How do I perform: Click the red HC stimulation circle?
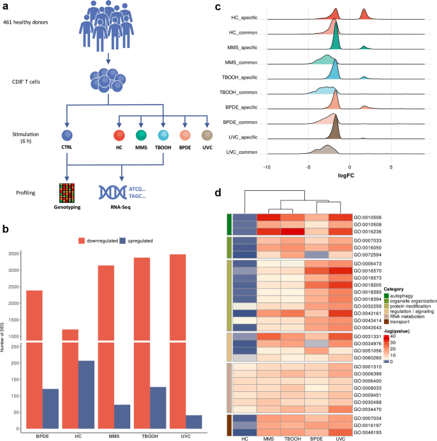tap(119, 136)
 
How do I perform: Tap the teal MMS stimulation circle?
tap(141, 136)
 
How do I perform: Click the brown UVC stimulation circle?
tap(207, 136)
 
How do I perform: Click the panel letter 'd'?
tap(219, 191)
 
